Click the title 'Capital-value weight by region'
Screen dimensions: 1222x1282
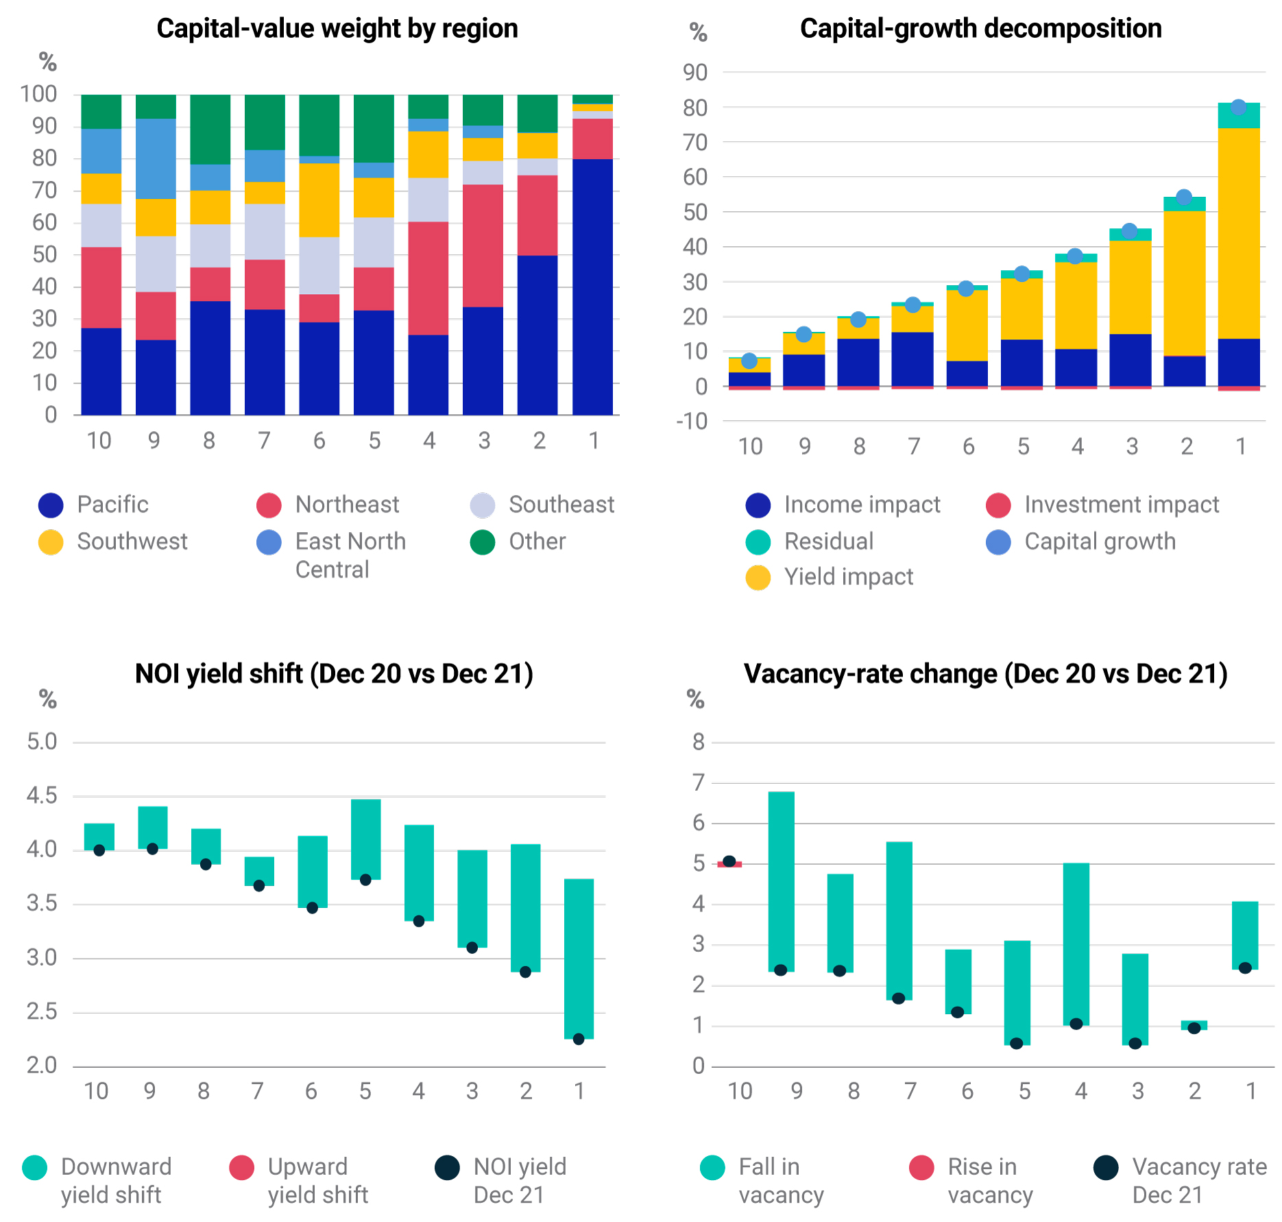tap(337, 29)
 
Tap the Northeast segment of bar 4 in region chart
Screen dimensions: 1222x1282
tap(428, 278)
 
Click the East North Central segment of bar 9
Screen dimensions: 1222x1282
tap(156, 158)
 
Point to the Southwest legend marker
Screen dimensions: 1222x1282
tap(51, 542)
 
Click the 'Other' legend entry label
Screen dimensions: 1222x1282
tap(537, 542)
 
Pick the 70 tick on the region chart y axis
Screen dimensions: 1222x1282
tap(45, 191)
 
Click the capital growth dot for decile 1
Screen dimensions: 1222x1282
tap(1238, 107)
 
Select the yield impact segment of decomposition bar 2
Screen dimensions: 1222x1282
tap(1184, 283)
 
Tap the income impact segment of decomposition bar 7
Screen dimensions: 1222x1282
tap(912, 359)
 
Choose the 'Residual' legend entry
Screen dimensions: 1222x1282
tap(828, 542)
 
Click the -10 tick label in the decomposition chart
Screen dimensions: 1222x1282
tap(691, 421)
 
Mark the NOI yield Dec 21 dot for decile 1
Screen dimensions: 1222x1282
tap(579, 1039)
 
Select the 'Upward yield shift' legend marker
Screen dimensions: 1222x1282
tap(241, 1168)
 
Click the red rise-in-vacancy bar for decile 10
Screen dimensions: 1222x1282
tap(729, 865)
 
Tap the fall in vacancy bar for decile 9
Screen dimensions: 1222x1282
tap(781, 881)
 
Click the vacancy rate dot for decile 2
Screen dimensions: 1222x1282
tap(1194, 1028)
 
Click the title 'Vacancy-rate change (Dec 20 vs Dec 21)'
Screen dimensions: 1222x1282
tap(985, 674)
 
